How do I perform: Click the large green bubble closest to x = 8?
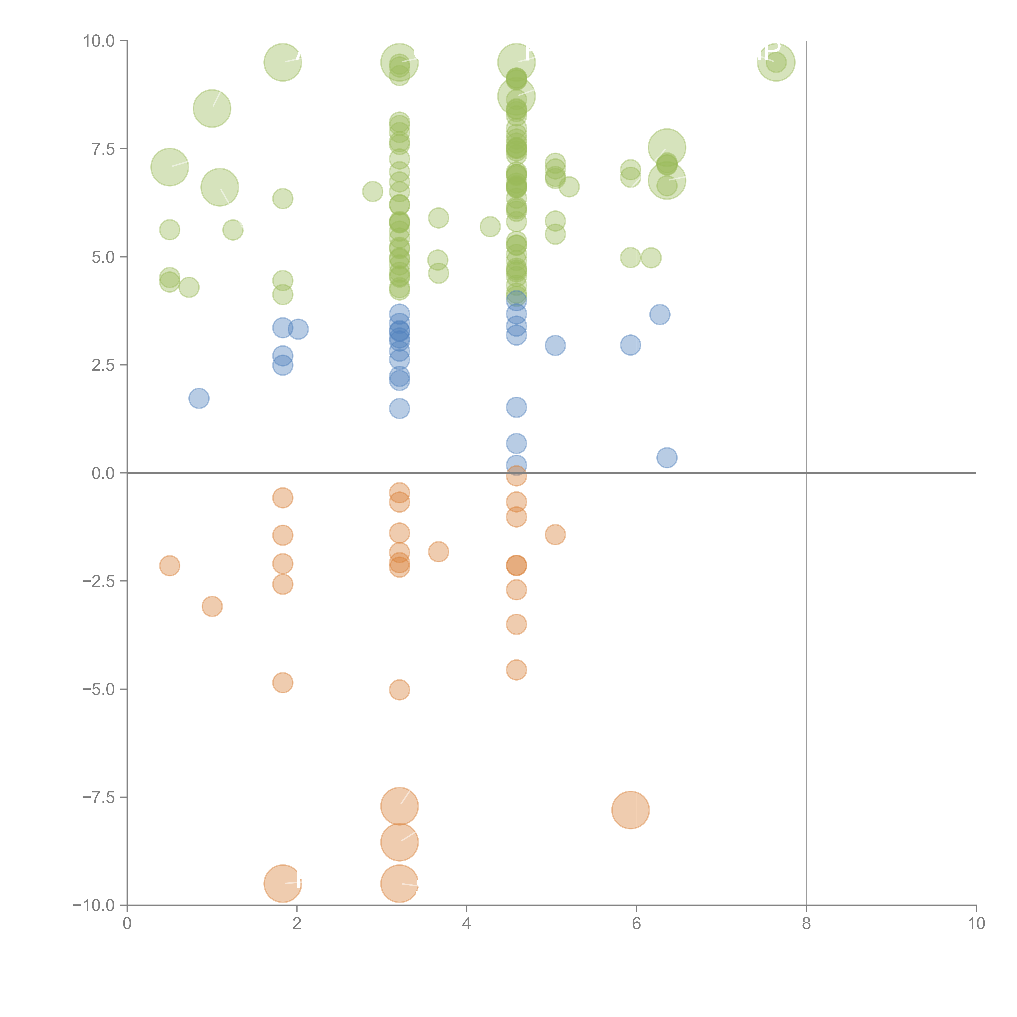(776, 63)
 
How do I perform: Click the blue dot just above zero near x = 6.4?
(666, 457)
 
